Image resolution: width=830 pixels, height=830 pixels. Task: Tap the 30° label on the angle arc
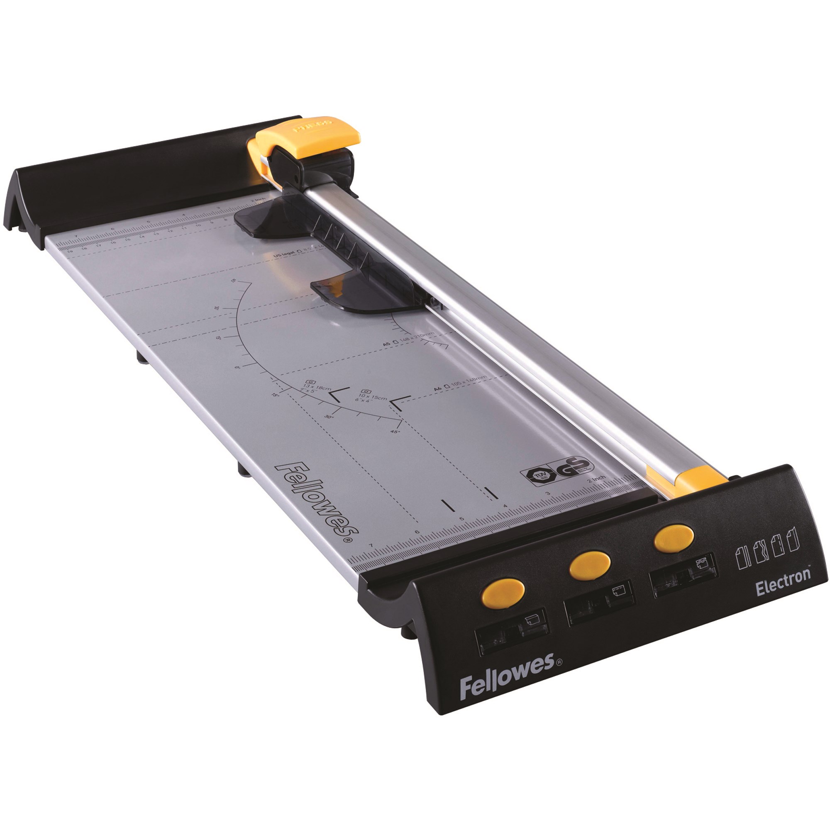tap(329, 416)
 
